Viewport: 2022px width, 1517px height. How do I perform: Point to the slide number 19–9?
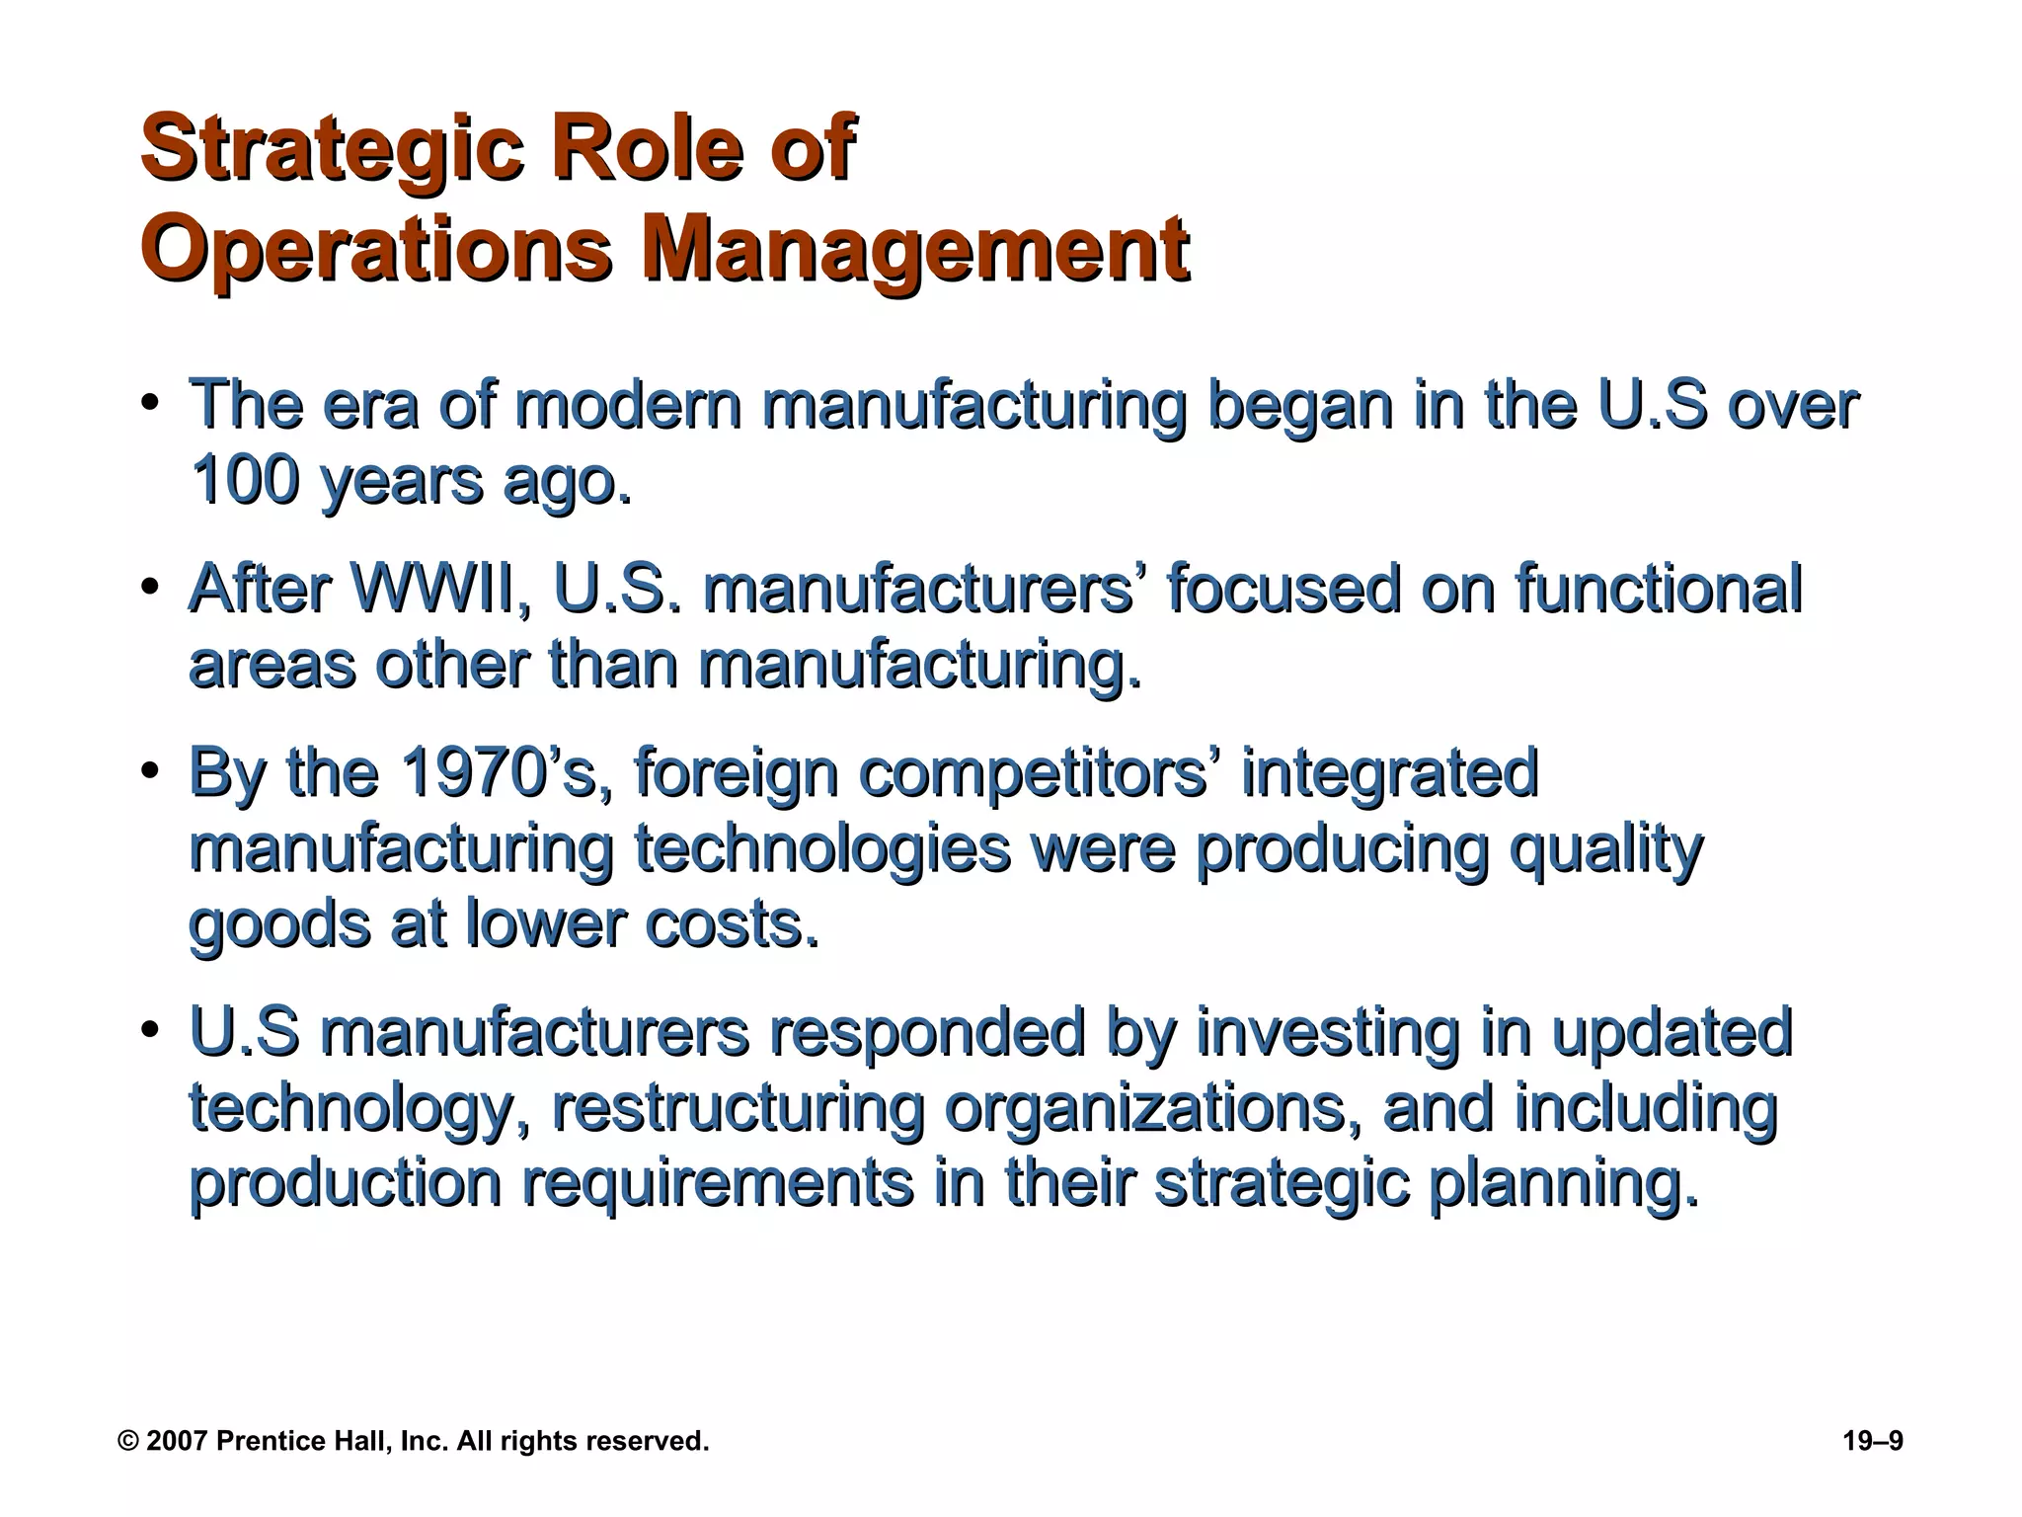1872,1441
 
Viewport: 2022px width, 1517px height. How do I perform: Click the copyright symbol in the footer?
128,1442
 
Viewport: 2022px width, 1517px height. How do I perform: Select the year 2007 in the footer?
176,1442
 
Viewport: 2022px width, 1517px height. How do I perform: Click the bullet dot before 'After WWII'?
150,589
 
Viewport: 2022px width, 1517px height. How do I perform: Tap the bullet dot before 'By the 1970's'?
150,772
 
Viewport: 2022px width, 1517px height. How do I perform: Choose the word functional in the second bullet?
1659,590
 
